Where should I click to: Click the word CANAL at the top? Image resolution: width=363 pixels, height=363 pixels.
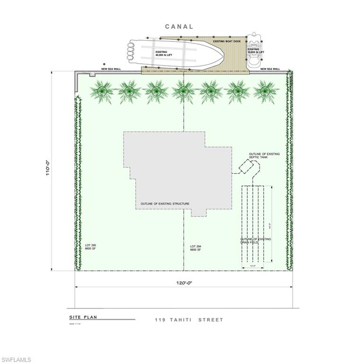pyautogui.click(x=179, y=26)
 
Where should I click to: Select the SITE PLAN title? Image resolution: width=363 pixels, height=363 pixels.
pyautogui.click(x=83, y=317)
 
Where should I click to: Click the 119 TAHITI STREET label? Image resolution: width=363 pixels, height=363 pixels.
pyautogui.click(x=189, y=320)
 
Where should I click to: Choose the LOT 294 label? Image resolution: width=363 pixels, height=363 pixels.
pyautogui.click(x=196, y=248)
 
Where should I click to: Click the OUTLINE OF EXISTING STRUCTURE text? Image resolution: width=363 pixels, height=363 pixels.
pyautogui.click(x=165, y=204)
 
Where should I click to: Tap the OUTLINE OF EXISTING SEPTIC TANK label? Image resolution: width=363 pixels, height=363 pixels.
pyautogui.click(x=264, y=156)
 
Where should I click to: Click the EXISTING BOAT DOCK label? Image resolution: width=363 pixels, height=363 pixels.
pyautogui.click(x=227, y=42)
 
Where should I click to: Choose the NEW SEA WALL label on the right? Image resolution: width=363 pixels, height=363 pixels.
pyautogui.click(x=270, y=69)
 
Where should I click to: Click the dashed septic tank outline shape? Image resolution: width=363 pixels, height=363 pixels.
pyautogui.click(x=249, y=167)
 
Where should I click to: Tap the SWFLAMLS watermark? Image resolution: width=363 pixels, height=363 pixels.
pyautogui.click(x=16, y=360)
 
